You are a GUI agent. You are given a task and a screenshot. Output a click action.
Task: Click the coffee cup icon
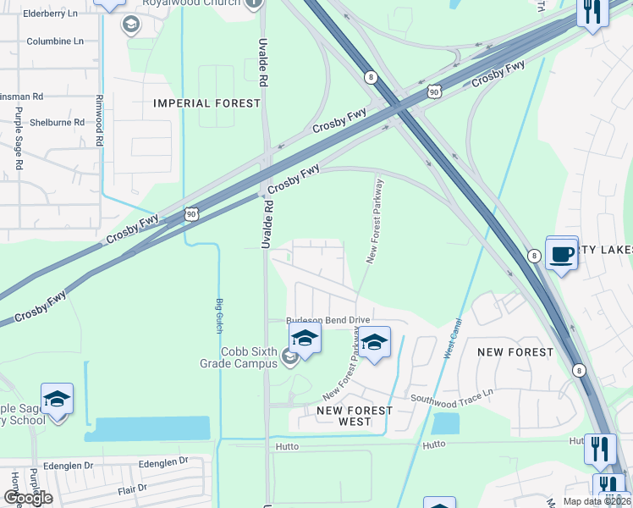click(561, 253)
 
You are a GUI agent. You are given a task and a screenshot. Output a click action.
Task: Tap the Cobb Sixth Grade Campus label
click(250, 357)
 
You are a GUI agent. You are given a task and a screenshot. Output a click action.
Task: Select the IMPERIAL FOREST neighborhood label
click(207, 103)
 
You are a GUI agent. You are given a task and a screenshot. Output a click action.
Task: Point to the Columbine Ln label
click(55, 41)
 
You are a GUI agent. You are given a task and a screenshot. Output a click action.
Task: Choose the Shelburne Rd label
click(57, 122)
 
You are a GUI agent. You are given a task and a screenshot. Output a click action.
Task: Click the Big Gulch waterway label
click(219, 316)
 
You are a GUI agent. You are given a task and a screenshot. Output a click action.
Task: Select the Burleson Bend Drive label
click(328, 320)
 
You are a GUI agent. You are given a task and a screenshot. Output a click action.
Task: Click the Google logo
click(28, 498)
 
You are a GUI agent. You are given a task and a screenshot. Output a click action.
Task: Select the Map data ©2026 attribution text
click(595, 501)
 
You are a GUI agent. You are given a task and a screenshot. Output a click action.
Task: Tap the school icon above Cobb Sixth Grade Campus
click(305, 339)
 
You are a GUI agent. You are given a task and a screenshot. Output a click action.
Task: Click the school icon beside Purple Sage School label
click(57, 399)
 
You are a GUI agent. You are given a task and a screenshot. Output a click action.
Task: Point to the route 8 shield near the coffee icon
click(534, 255)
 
